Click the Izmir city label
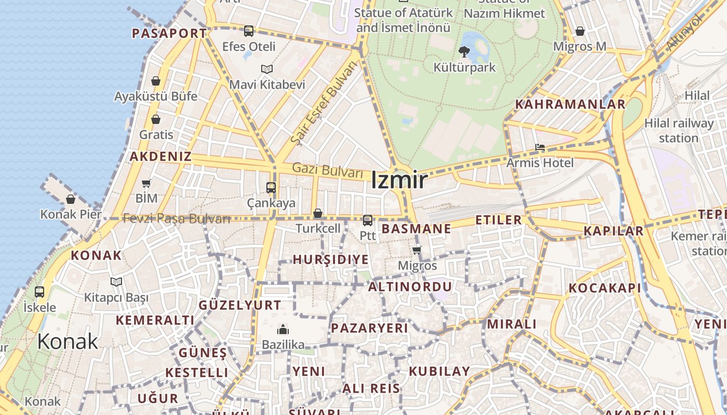pos(399,181)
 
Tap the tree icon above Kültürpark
pos(464,51)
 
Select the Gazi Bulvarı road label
pos(327,170)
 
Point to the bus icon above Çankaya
pos(271,187)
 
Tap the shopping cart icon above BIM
pos(146,183)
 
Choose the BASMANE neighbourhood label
pos(416,229)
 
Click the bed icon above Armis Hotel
pos(540,148)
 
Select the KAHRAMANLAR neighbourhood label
pos(570,104)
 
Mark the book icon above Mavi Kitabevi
pos(267,69)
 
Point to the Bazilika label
pos(283,344)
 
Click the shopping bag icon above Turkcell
pos(318,213)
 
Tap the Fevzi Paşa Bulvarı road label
pos(177,218)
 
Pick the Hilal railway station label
pos(679,131)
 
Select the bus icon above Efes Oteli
pos(249,31)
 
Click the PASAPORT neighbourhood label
pos(169,34)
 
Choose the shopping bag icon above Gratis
pos(156,119)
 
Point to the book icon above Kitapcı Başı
pos(116,282)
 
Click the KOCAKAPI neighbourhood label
pos(604,288)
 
